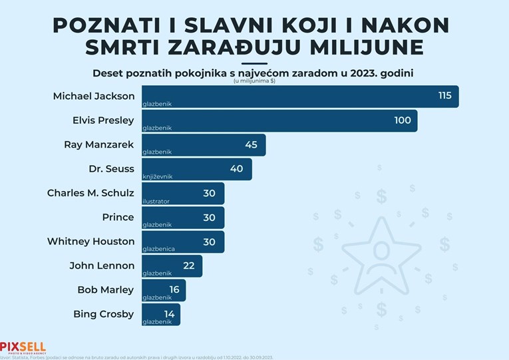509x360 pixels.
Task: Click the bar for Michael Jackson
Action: pos(299,96)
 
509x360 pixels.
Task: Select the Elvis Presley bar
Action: pos(279,120)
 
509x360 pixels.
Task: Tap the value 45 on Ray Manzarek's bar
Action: pos(251,144)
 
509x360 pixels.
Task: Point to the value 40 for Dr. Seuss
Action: pos(236,169)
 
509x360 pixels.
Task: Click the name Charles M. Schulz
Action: pos(90,193)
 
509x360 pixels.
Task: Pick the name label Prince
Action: pos(118,218)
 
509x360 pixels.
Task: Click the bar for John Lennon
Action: pos(172,266)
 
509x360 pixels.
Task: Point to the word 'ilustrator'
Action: pos(156,201)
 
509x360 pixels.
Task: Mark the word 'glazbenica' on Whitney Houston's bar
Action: pos(158,249)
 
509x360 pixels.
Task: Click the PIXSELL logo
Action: pos(23,347)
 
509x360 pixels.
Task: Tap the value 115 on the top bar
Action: pos(444,96)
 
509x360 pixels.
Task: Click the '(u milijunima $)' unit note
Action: pos(254,81)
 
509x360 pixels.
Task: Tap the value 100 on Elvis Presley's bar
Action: pos(403,120)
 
